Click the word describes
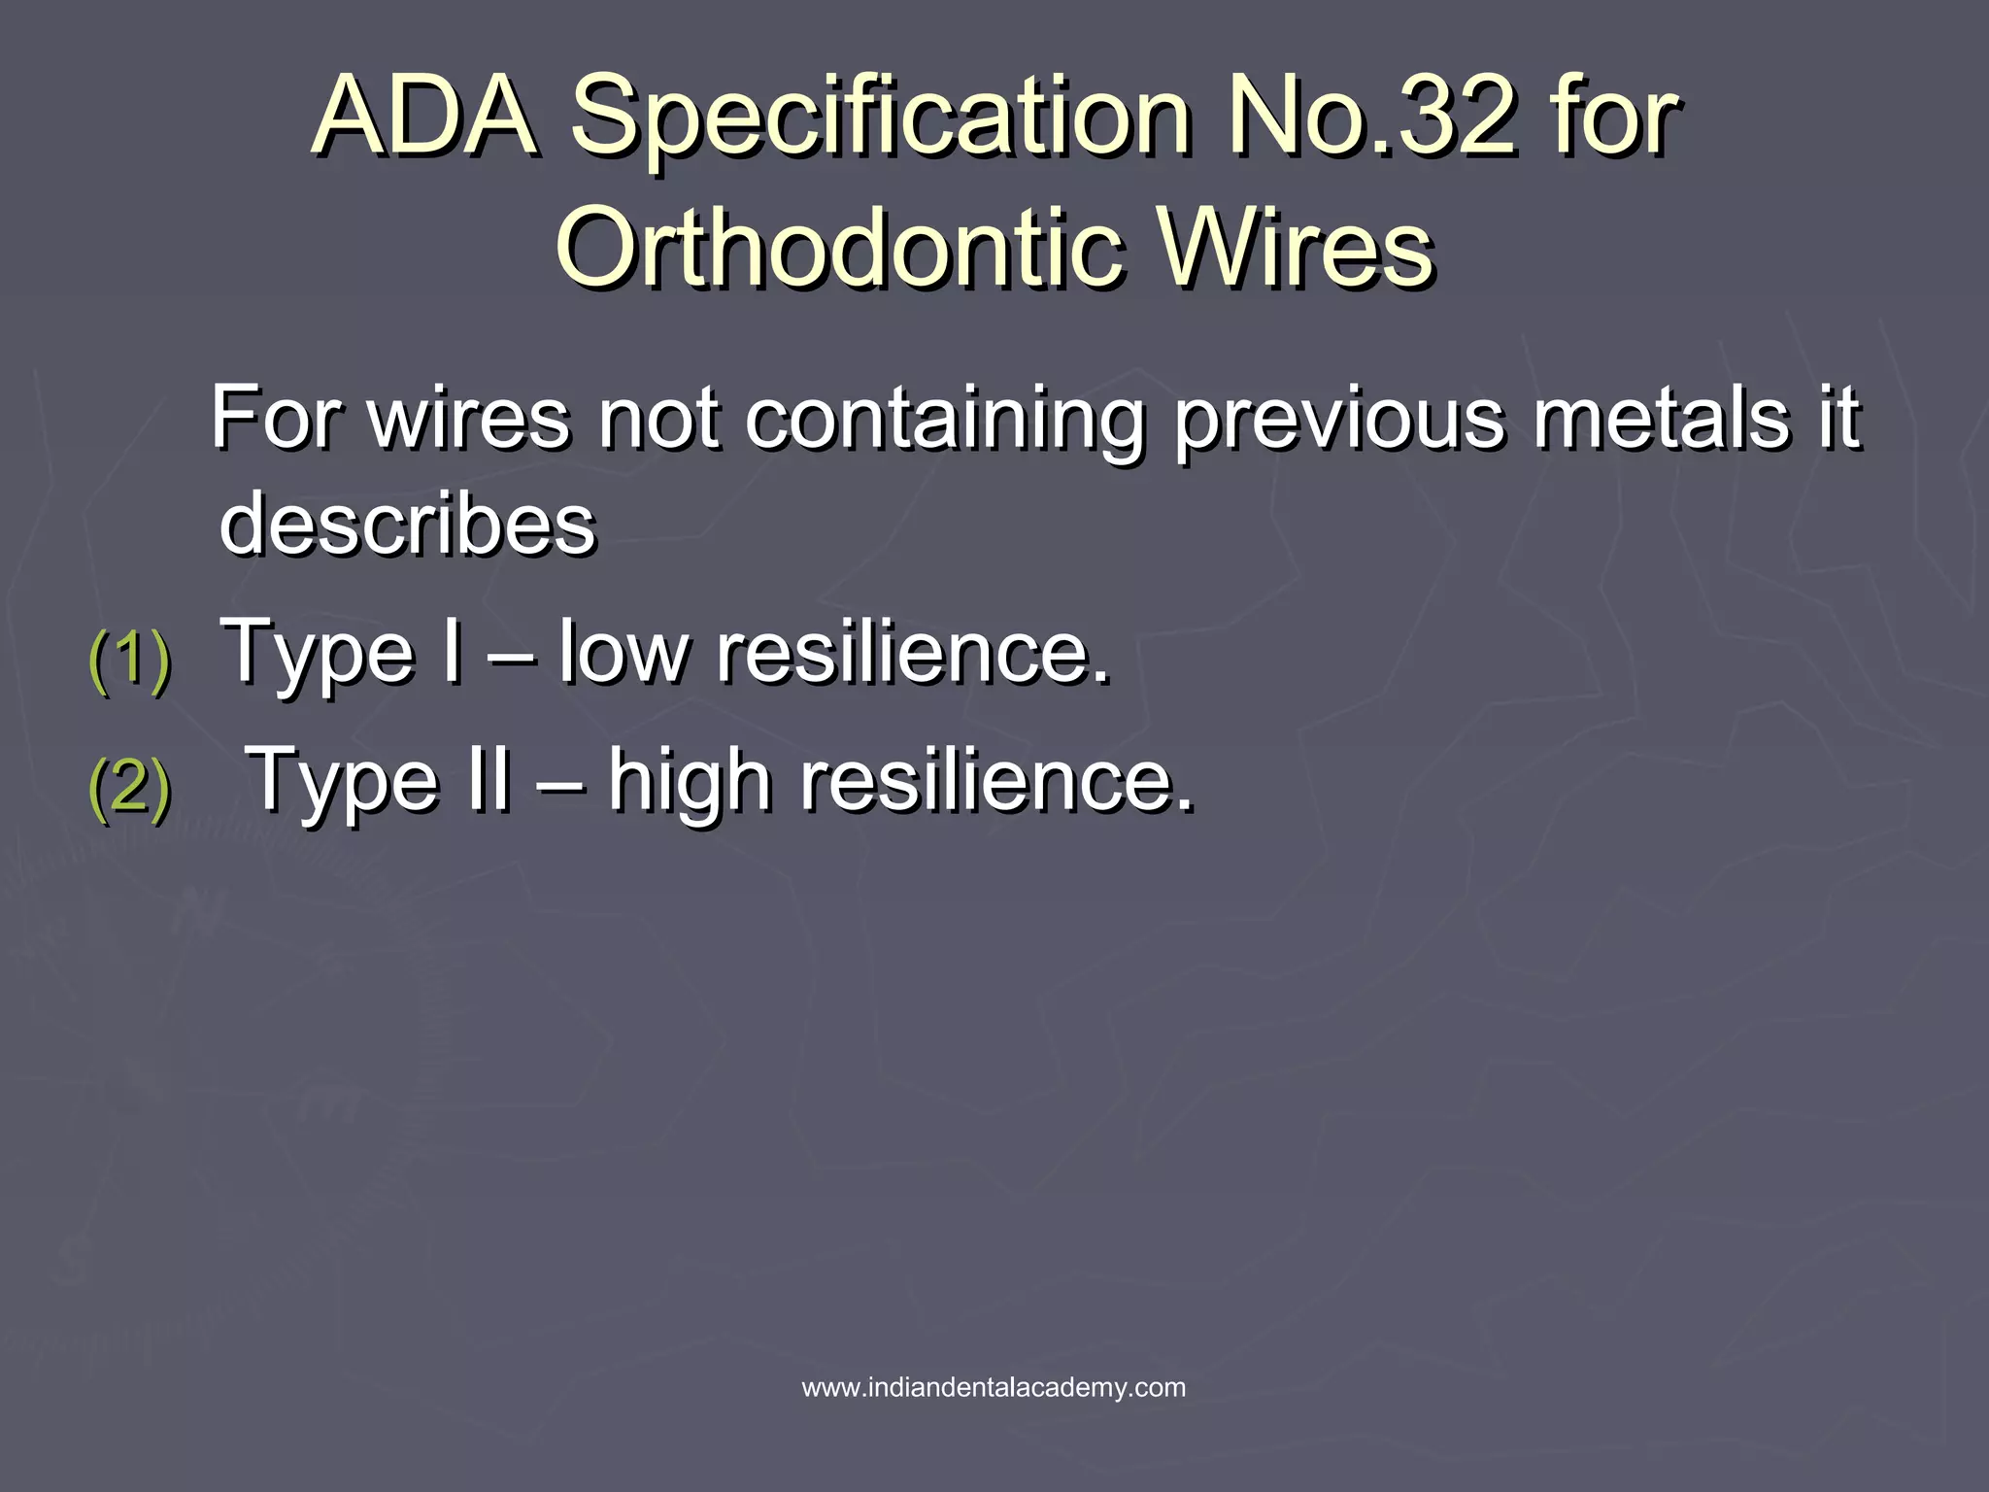point(408,525)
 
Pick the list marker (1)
point(129,661)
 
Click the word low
point(623,652)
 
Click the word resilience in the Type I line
point(913,652)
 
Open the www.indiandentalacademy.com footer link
point(994,1387)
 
